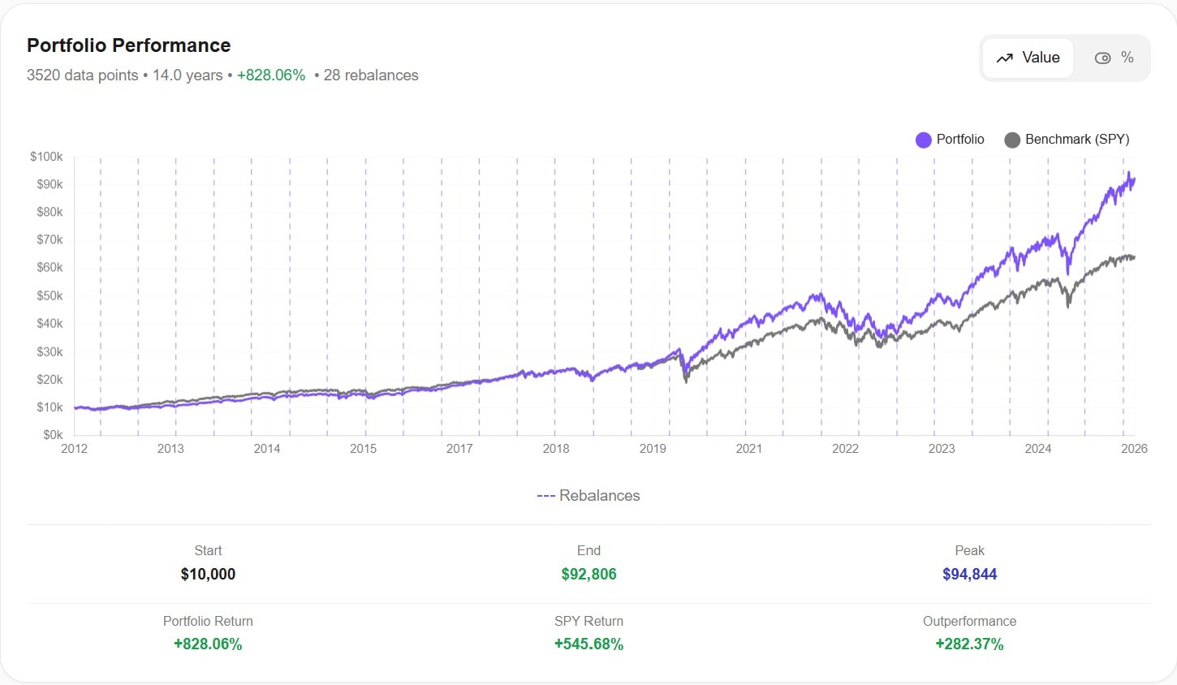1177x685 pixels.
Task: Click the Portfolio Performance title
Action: coord(128,45)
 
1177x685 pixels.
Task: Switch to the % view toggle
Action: coord(1114,58)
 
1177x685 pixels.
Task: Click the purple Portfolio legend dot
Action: coord(923,140)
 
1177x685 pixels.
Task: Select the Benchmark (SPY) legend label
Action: coord(1076,140)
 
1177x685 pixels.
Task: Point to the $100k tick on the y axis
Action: coord(46,157)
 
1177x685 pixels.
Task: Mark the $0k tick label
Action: coord(53,435)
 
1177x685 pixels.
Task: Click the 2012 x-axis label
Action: coord(74,449)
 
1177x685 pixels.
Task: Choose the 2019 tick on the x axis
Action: coord(653,449)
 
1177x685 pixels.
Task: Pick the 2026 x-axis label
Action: coord(1134,449)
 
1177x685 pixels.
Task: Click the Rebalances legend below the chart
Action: coord(588,496)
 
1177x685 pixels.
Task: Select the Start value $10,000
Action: coord(208,575)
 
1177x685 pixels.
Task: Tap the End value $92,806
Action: coord(588,575)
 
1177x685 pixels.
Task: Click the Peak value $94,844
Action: coord(969,575)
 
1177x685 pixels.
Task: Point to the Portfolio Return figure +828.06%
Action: coord(208,644)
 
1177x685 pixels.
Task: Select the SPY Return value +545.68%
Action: coord(588,644)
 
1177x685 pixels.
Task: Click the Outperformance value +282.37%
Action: coord(969,644)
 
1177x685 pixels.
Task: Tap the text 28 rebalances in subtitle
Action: coord(371,75)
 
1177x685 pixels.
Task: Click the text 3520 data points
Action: coord(82,75)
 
